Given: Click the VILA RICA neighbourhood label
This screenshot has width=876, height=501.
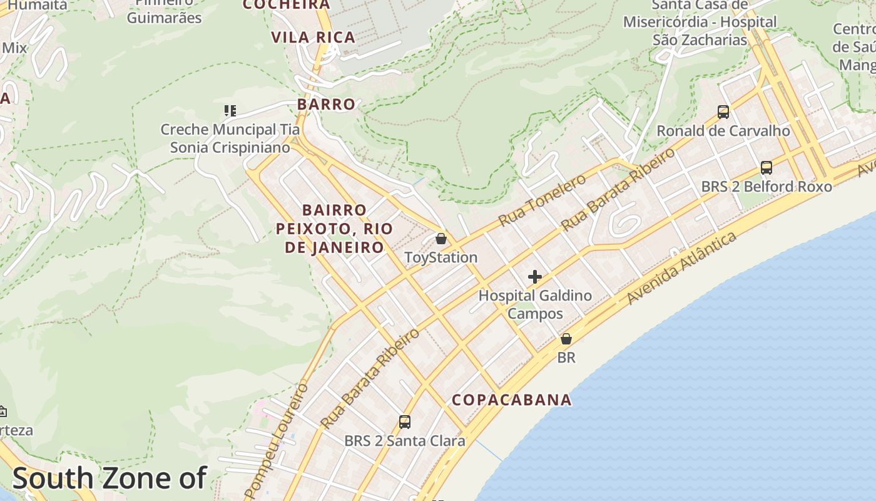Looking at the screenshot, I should [x=313, y=38].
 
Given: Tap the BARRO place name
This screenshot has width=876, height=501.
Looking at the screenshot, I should [x=326, y=105].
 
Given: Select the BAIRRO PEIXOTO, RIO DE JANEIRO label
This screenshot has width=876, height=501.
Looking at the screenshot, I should [x=334, y=229].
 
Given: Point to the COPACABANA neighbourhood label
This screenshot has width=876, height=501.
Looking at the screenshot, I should [x=512, y=400].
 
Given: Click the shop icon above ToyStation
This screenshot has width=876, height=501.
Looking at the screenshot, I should [x=441, y=239].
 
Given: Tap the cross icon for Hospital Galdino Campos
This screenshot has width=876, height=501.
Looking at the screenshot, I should [x=535, y=277].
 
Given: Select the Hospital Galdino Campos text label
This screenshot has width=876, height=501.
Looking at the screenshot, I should [x=535, y=304].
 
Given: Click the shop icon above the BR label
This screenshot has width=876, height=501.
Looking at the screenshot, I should [x=566, y=339].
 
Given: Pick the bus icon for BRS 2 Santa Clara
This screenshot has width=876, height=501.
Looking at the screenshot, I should [x=405, y=422].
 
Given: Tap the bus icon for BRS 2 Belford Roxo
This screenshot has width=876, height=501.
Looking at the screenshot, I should [x=766, y=168].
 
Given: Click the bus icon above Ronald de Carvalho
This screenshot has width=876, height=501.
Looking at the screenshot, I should [x=723, y=112].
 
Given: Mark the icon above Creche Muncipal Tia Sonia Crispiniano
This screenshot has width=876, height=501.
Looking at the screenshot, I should [x=230, y=111].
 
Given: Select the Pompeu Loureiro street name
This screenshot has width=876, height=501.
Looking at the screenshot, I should [x=277, y=441].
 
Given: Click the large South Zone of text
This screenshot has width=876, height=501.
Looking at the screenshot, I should [x=109, y=478].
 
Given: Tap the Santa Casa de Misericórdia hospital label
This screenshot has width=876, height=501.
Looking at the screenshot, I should [x=700, y=23].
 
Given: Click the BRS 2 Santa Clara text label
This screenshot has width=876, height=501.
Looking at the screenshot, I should [x=405, y=441].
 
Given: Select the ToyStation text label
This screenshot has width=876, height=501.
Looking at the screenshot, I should [x=441, y=257].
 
